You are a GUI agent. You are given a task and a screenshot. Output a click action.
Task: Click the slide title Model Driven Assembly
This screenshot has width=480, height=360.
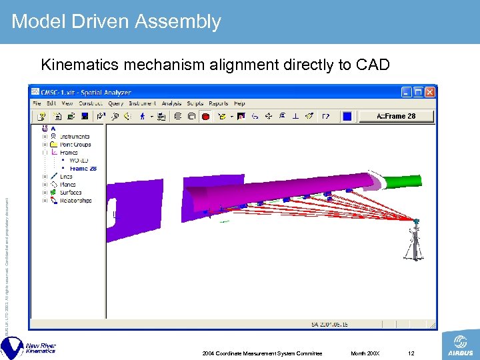116,21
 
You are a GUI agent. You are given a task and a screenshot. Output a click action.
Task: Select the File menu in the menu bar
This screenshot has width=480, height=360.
37,103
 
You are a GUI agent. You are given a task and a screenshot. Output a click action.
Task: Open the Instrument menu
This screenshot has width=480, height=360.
142,103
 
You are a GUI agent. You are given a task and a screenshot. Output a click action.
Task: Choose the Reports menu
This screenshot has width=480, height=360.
218,103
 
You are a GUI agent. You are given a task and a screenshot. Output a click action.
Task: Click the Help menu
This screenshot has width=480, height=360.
239,103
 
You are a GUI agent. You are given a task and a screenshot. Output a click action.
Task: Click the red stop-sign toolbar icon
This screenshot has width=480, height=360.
205,117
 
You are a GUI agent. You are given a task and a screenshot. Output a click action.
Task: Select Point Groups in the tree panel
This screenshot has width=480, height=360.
75,144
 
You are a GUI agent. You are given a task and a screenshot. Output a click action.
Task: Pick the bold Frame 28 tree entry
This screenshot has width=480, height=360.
83,169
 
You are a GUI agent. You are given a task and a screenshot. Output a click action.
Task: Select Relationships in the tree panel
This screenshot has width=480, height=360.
75,201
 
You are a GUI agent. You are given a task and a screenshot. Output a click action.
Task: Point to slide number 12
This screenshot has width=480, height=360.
411,353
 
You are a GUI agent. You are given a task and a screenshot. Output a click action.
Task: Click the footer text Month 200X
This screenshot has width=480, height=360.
366,353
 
